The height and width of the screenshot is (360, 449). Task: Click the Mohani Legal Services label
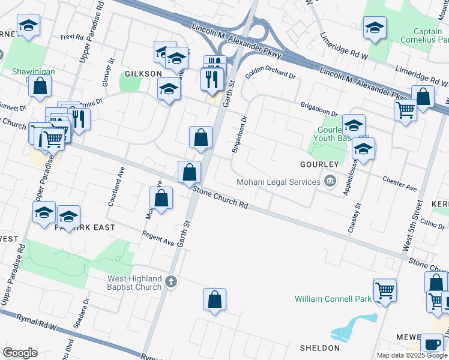pyautogui.click(x=279, y=182)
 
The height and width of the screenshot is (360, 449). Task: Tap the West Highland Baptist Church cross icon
pyautogui.click(x=171, y=281)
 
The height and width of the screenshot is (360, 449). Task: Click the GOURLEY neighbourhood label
pyautogui.click(x=321, y=164)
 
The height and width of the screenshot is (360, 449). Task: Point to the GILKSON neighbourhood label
pyautogui.click(x=143, y=74)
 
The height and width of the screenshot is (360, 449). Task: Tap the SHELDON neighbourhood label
pyautogui.click(x=320, y=348)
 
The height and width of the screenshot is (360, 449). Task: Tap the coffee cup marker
pyautogui.click(x=431, y=343)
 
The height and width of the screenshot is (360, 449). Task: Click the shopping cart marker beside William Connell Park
pyautogui.click(x=385, y=290)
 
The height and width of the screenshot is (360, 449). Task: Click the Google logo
pyautogui.click(x=20, y=353)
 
